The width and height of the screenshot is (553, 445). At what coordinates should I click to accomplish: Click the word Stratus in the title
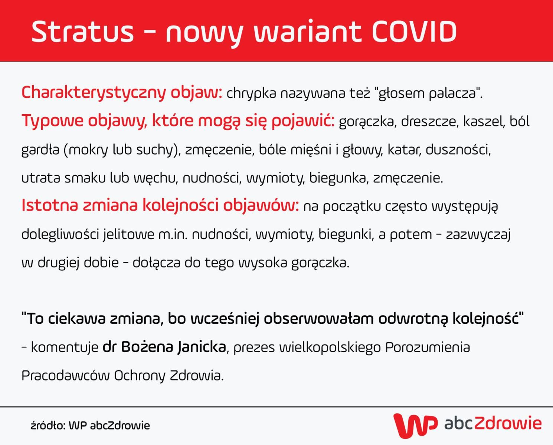(82, 31)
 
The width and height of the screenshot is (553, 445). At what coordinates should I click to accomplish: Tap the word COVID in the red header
(414, 31)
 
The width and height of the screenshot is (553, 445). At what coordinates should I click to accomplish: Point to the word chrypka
(251, 93)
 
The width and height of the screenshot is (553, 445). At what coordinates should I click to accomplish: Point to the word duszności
(458, 149)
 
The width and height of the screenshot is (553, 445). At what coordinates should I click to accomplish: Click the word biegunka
(338, 178)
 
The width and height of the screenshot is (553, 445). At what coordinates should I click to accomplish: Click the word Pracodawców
(65, 375)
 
